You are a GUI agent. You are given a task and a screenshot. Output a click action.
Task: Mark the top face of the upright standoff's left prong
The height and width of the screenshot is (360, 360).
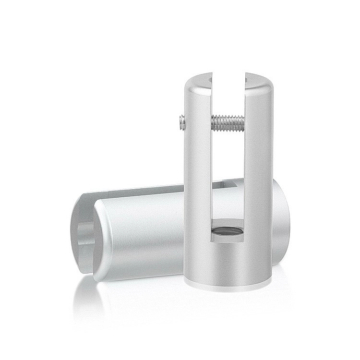[194, 81]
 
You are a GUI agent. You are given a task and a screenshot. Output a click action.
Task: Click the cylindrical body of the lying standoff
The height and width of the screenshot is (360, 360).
[139, 235]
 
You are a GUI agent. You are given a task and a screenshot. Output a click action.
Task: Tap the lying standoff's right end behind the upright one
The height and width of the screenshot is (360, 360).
[281, 221]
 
